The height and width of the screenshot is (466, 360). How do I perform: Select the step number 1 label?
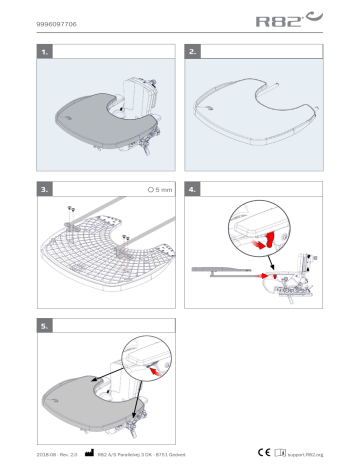[x=43, y=49]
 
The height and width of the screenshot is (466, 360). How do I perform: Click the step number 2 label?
[x=194, y=49]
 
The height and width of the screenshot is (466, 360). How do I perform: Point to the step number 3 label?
[x=43, y=188]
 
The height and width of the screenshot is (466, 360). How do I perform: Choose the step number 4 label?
[x=194, y=188]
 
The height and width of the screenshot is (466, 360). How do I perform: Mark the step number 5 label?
[x=43, y=326]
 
